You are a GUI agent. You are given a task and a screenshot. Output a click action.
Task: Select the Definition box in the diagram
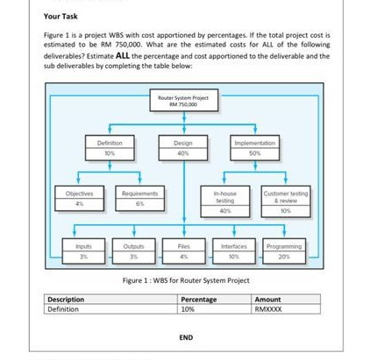tap(110, 146)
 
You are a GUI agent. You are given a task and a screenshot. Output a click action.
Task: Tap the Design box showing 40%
tap(184, 146)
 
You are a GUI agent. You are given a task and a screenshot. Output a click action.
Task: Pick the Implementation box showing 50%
tap(255, 146)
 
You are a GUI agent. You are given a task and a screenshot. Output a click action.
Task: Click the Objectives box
tap(80, 197)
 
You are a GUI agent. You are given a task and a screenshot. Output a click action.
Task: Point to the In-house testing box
tap(225, 201)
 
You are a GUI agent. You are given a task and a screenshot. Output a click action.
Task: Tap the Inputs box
tap(80, 251)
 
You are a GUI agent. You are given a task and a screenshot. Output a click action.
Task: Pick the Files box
tap(184, 251)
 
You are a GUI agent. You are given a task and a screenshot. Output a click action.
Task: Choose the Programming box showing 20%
tap(284, 251)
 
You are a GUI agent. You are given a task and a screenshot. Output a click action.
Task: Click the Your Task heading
tap(61, 17)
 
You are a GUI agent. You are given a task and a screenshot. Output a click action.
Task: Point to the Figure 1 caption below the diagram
tap(185, 280)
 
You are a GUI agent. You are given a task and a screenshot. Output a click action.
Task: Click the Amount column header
tap(268, 299)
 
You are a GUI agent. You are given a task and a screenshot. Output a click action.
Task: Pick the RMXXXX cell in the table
tap(268, 308)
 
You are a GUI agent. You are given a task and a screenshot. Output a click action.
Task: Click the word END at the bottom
tap(185, 336)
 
